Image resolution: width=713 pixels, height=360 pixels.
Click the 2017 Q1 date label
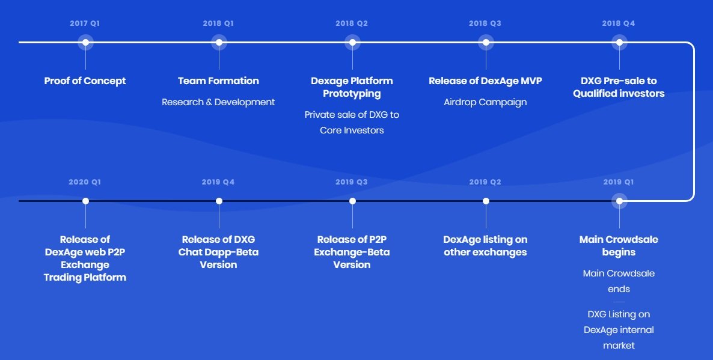click(85, 23)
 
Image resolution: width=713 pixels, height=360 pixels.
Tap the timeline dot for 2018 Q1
click(219, 42)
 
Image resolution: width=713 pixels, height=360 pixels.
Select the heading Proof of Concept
click(85, 81)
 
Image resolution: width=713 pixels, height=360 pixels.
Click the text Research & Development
click(218, 102)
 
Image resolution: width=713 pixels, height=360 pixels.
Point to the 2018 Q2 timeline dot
click(352, 42)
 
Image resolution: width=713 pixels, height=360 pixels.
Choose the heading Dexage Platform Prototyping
click(352, 87)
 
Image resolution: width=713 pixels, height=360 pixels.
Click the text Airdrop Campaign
click(485, 102)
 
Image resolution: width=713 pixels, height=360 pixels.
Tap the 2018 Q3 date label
click(485, 23)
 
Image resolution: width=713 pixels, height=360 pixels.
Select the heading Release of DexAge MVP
click(485, 81)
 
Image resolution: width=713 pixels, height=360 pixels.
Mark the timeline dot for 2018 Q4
click(619, 42)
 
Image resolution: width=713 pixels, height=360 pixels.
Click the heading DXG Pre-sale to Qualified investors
click(619, 87)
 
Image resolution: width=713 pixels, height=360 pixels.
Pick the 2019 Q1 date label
click(619, 182)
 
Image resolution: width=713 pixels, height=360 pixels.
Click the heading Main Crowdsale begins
click(619, 246)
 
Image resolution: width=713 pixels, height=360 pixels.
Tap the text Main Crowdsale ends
click(619, 281)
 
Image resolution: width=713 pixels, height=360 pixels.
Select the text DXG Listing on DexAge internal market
click(619, 329)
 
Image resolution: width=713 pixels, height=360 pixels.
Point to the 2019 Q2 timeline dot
click(486, 201)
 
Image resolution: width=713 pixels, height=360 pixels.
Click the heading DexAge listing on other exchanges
click(485, 246)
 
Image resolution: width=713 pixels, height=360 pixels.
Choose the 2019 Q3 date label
click(352, 182)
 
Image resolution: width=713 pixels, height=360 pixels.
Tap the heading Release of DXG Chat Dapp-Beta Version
click(218, 252)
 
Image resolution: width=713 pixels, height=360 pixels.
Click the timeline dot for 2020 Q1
click(85, 201)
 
